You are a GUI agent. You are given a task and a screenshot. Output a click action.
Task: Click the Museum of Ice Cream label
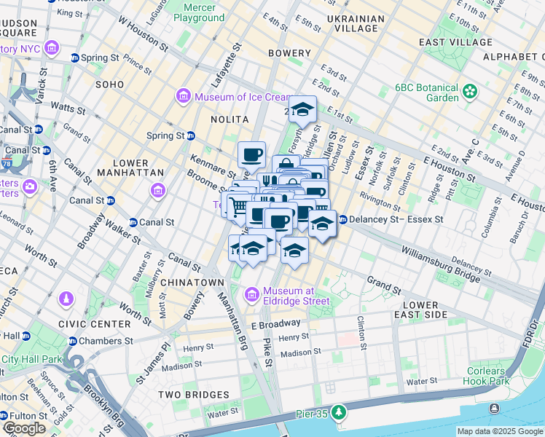pos(235,97)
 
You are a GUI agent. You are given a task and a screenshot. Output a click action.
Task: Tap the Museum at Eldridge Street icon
pos(252,295)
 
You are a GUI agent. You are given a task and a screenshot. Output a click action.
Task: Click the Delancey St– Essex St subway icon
pos(342,219)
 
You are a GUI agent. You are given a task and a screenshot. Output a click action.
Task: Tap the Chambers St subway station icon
pos(73,341)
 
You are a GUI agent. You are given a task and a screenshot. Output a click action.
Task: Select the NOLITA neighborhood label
pos(230,119)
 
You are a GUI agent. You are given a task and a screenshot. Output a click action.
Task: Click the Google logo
pos(24,428)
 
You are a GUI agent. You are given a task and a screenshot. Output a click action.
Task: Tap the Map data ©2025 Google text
pos(500,431)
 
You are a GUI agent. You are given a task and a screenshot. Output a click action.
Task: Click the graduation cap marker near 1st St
pos(302,110)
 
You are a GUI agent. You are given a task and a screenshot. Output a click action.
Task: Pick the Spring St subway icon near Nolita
pos(191,135)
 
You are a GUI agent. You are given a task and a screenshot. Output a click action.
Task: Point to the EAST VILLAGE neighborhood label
pos(456,42)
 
